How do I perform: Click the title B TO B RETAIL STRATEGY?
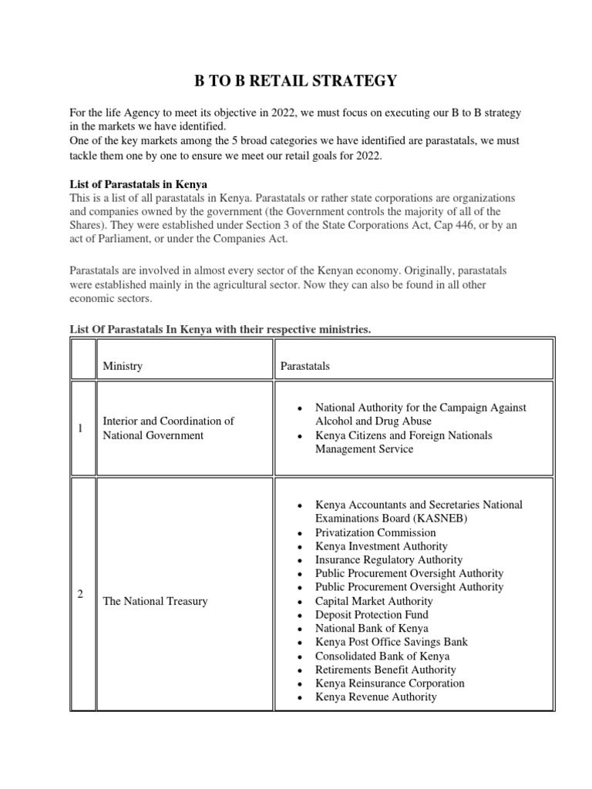[x=295, y=80]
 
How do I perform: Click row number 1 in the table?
[x=81, y=428]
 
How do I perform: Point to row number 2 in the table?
[x=81, y=593]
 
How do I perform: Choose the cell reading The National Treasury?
[x=155, y=601]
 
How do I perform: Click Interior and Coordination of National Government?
[x=168, y=428]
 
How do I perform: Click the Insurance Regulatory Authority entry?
[x=388, y=560]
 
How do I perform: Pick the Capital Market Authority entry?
[x=374, y=601]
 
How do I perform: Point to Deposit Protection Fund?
[x=372, y=615]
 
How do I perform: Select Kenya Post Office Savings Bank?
[x=391, y=642]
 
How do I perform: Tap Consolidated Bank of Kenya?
[x=382, y=656]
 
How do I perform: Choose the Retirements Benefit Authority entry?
[x=385, y=670]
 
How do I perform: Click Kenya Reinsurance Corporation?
[x=390, y=683]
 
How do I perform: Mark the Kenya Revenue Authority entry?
[x=375, y=697]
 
